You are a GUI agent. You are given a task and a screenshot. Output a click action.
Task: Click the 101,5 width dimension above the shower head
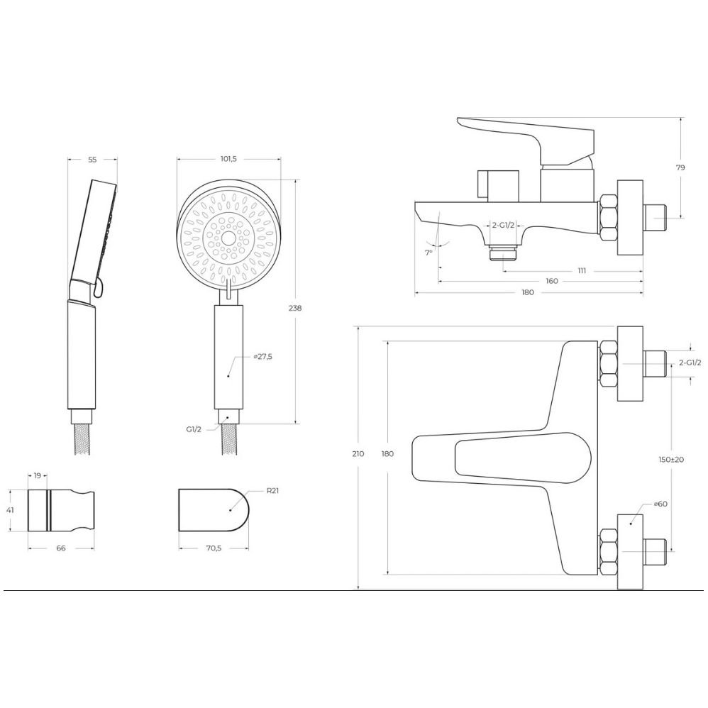click(x=228, y=159)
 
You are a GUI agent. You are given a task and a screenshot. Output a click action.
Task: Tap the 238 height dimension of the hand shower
click(x=295, y=309)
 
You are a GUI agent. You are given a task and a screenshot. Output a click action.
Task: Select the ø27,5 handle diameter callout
click(x=262, y=357)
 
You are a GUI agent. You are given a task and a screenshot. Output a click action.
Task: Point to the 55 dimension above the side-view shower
click(x=92, y=160)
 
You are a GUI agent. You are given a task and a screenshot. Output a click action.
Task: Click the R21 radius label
click(x=272, y=490)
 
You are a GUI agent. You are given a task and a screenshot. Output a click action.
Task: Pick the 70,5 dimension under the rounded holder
click(x=214, y=548)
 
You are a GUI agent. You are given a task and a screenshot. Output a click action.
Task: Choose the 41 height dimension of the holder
click(x=10, y=510)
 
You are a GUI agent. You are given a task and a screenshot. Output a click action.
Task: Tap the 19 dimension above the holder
click(x=38, y=475)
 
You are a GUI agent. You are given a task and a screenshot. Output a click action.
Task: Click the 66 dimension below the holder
click(x=61, y=548)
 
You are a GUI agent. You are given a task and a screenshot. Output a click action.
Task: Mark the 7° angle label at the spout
click(x=428, y=253)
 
